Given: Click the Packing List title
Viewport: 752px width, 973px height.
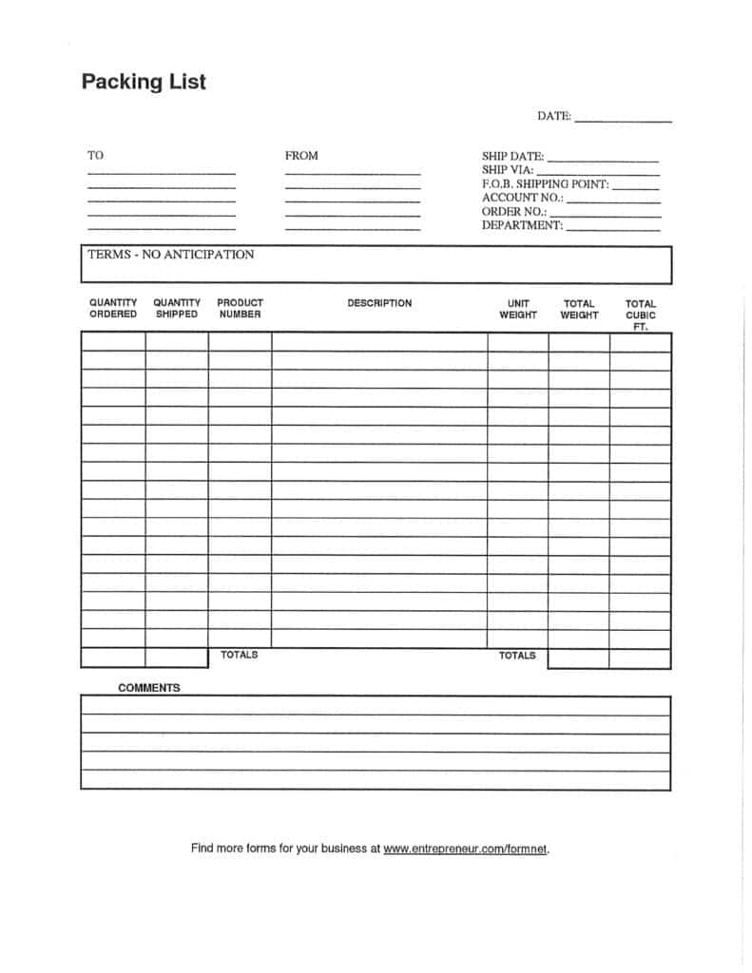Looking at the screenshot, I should point(144,82).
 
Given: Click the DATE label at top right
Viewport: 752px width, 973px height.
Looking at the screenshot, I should point(554,116).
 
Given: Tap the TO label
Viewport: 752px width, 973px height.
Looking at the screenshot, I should point(96,155).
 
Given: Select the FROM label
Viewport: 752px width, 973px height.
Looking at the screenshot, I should point(301,155).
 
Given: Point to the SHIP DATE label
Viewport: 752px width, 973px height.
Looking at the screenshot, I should point(513,156).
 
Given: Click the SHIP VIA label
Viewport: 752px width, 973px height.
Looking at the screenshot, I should point(508,170).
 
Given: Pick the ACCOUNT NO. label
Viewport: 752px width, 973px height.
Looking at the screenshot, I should point(523,198).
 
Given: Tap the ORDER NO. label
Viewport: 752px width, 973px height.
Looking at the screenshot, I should point(514,212).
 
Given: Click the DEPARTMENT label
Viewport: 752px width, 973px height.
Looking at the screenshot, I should point(523,226).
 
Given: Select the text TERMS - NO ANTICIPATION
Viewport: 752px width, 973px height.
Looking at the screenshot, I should point(171,255).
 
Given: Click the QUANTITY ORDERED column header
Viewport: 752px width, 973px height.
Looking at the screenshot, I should point(113,309).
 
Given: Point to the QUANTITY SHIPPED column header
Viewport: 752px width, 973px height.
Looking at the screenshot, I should point(177,309).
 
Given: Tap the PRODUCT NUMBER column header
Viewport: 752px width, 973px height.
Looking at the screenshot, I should point(240,309).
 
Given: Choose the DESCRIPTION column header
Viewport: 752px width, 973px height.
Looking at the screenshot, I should point(379,303).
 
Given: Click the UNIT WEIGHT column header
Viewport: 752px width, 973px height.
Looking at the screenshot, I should point(518,310).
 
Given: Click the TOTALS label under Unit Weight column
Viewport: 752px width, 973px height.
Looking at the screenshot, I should point(517,656).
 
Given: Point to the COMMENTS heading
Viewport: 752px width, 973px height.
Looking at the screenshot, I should point(149,688).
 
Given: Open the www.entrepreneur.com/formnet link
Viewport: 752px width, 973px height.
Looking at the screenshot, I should point(466,849).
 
